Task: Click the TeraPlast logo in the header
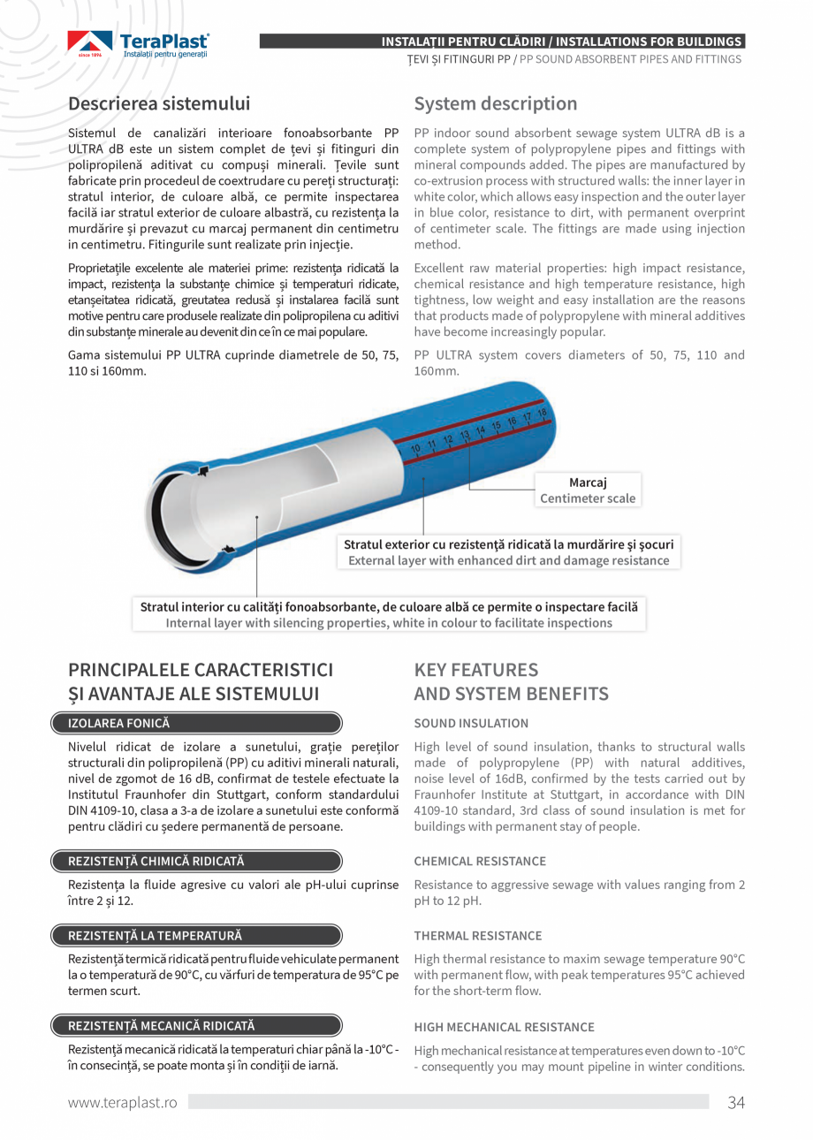point(139,45)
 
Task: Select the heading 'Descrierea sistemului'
point(159,103)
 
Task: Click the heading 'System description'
point(495,103)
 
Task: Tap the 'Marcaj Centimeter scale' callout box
point(588,490)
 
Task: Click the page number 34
point(736,1102)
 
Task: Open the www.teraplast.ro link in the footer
point(123,1102)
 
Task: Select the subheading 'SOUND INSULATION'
point(471,723)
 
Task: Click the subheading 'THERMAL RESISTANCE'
point(478,935)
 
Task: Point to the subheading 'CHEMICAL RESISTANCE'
point(480,861)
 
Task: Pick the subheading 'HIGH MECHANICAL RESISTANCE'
point(504,1027)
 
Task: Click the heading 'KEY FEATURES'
point(475,670)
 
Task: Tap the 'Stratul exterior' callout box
point(508,552)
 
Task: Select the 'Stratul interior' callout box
point(389,614)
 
